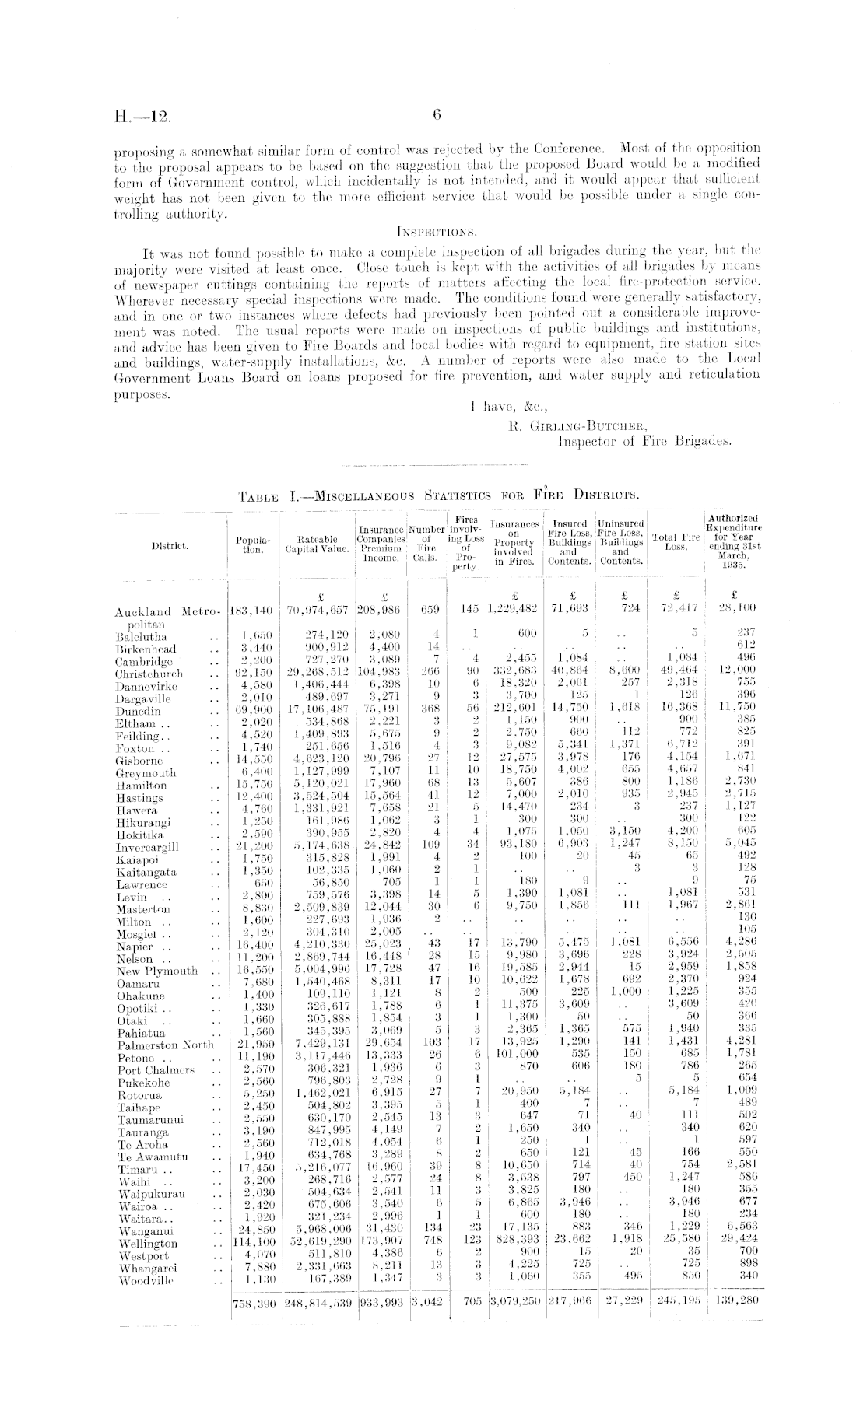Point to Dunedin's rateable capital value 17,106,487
[315, 710]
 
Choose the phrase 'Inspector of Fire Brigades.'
[645, 441]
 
